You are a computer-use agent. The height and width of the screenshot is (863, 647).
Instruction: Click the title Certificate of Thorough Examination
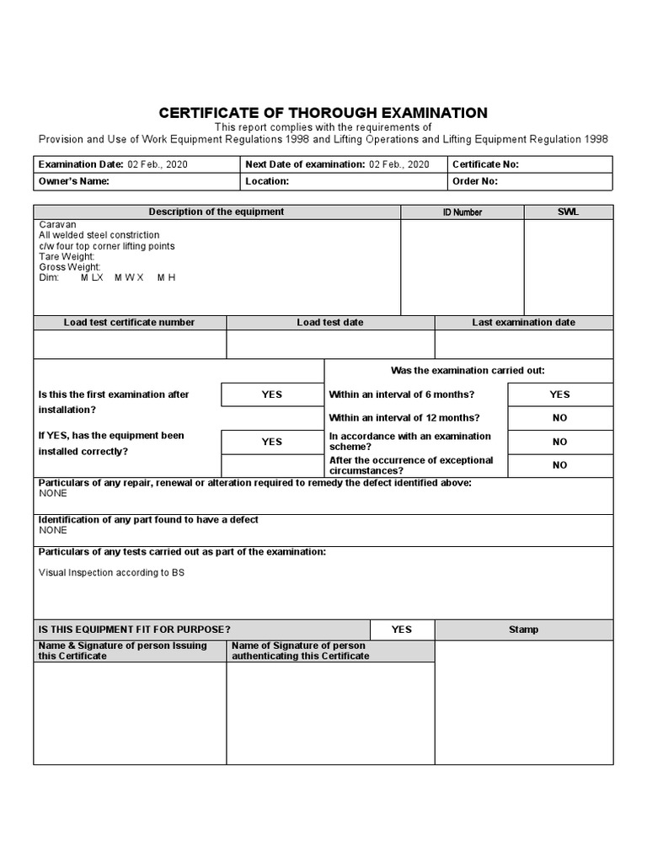click(323, 113)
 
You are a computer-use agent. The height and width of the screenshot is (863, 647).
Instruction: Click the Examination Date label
click(81, 164)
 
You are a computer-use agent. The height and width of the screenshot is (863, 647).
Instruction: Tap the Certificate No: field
click(486, 164)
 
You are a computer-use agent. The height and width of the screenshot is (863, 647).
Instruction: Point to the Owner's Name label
click(74, 181)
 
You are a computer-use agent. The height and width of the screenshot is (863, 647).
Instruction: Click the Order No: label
click(475, 181)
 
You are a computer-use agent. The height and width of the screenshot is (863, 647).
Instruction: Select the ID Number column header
click(463, 212)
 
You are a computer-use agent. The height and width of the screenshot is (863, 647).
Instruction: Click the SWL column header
click(568, 212)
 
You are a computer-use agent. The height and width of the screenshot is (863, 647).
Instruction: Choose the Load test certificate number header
click(129, 323)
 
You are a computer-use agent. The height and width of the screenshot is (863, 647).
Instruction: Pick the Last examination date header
click(523, 323)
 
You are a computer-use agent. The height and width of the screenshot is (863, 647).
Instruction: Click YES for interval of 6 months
click(559, 394)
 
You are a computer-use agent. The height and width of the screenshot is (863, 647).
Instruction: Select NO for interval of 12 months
click(559, 418)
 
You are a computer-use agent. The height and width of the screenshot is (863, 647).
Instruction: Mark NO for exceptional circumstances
click(559, 465)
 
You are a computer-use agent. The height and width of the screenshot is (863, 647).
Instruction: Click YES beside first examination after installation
click(271, 394)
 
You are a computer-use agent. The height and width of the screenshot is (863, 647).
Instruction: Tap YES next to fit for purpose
click(402, 630)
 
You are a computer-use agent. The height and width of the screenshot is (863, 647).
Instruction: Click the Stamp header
click(523, 630)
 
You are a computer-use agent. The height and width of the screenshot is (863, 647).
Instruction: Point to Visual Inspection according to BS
click(111, 572)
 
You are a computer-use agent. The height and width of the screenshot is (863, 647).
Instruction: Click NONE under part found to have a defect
click(53, 531)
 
